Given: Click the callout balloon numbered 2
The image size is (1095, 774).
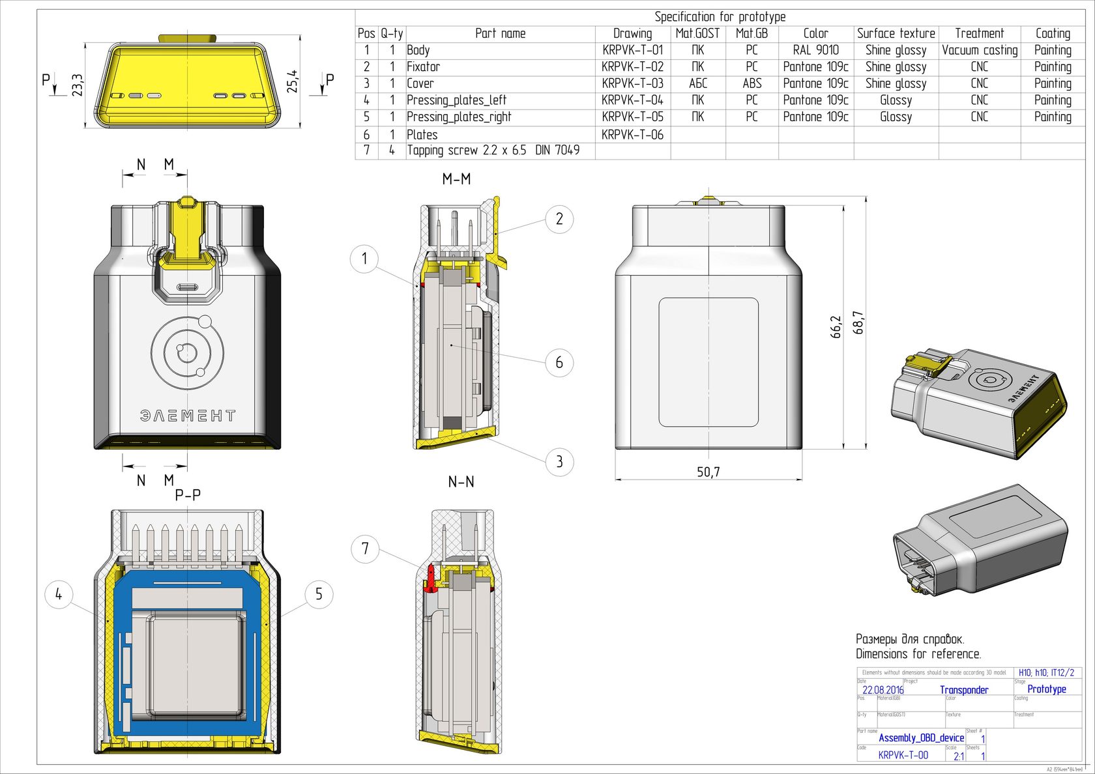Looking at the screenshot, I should click(x=559, y=219).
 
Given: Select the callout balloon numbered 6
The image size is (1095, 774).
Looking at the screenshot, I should click(x=559, y=362).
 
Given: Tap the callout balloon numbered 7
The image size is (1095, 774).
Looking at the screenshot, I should click(x=365, y=549).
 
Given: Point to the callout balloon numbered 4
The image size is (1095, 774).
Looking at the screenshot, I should click(x=59, y=594).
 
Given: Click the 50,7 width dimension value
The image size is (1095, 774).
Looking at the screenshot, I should click(x=708, y=472).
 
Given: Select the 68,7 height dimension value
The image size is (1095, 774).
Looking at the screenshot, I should click(x=858, y=322).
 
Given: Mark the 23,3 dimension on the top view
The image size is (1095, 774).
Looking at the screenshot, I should click(x=78, y=85).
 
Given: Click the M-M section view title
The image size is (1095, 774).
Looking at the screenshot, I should click(x=456, y=179).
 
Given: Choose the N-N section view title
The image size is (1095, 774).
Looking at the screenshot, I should click(x=461, y=482).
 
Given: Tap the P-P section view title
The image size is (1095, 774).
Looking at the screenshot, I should click(x=188, y=495).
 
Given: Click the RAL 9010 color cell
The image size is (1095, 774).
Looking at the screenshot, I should click(x=815, y=50).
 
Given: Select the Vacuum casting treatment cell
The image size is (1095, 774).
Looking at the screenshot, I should click(x=979, y=50).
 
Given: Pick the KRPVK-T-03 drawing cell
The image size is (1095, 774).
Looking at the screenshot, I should click(x=632, y=83).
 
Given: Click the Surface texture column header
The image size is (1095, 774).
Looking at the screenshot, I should click(x=896, y=33).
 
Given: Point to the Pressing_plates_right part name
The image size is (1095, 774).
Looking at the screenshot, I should click(x=459, y=117).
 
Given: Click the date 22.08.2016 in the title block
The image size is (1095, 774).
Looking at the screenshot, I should click(x=883, y=690).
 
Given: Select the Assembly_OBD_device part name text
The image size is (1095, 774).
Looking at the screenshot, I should click(x=921, y=738).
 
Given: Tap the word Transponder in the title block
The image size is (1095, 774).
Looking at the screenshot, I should click(x=964, y=690).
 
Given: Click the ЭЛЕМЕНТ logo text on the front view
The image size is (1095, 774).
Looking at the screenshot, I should click(x=188, y=416).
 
